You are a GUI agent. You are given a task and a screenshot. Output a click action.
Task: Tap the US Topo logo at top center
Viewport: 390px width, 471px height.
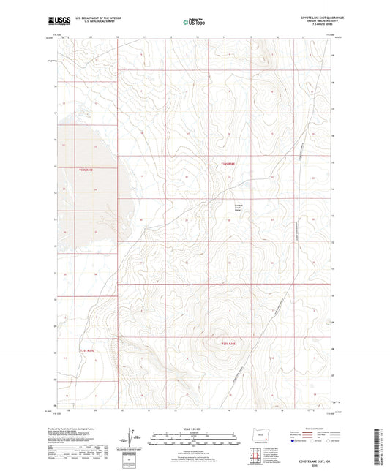[192, 22]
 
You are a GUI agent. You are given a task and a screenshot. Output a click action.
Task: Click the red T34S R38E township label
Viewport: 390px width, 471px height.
[230, 164]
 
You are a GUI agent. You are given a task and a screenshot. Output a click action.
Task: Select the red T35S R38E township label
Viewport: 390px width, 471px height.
[230, 344]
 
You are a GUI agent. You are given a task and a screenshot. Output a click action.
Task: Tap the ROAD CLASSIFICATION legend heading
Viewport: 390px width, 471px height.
[323, 429]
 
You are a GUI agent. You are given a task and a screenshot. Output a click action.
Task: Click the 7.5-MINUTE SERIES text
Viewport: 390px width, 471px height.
[311, 26]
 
